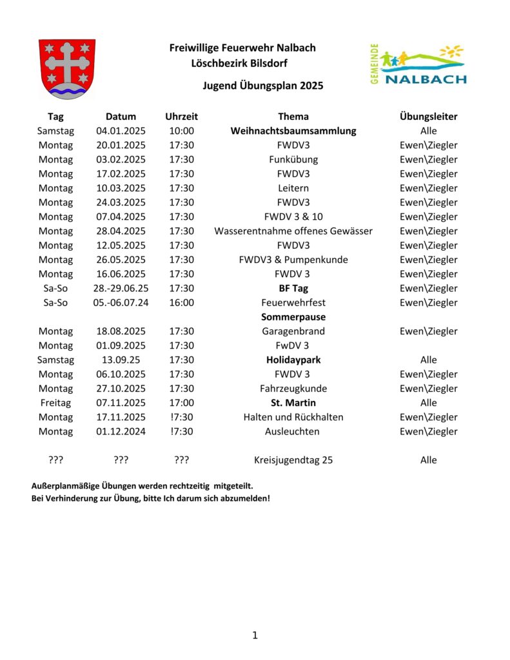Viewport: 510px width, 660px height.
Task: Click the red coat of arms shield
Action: (x=67, y=68)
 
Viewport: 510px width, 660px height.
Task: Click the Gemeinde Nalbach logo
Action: (x=418, y=65)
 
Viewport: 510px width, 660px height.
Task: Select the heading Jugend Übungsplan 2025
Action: (x=262, y=85)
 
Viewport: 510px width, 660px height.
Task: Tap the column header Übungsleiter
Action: (x=428, y=117)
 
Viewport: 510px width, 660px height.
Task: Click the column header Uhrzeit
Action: (x=181, y=117)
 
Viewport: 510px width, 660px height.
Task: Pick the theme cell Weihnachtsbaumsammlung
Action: (x=293, y=131)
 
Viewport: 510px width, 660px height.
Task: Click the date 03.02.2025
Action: (x=121, y=159)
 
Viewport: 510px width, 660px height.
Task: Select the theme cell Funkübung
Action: (x=293, y=159)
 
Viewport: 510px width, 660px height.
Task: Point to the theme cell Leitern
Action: (x=293, y=188)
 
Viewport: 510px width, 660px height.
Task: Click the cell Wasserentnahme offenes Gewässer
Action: (x=293, y=231)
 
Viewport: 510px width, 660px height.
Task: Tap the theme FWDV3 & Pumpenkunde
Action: (x=293, y=260)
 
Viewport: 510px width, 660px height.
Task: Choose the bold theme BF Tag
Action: (x=293, y=288)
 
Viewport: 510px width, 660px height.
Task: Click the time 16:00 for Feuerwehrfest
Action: (x=181, y=302)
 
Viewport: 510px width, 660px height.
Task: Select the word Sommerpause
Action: (x=293, y=317)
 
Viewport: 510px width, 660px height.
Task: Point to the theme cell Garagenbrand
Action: (x=293, y=331)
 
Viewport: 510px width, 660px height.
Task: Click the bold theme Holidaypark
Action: (x=293, y=360)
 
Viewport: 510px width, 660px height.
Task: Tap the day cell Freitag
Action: (x=55, y=403)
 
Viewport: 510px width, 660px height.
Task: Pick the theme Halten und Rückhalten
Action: (x=293, y=417)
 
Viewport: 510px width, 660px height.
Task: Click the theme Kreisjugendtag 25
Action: (x=293, y=460)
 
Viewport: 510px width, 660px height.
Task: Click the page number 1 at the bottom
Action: (x=255, y=636)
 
